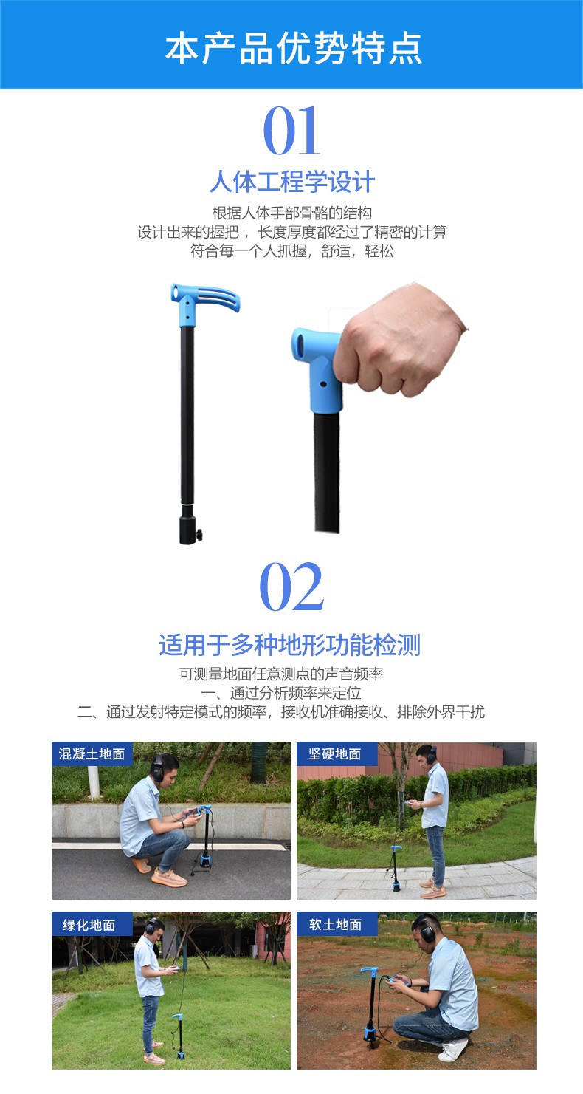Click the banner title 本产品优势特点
point(293,48)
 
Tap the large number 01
point(291,131)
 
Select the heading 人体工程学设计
point(291,182)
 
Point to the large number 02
point(291,586)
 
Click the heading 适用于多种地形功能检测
point(290,645)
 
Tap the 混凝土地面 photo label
point(92,754)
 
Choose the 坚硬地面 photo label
point(336,754)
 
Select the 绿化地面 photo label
point(92,925)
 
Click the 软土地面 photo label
point(336,924)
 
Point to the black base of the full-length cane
point(188,525)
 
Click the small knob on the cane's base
point(199,535)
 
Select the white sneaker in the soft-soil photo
point(452,1050)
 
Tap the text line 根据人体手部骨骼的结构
point(291,213)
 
